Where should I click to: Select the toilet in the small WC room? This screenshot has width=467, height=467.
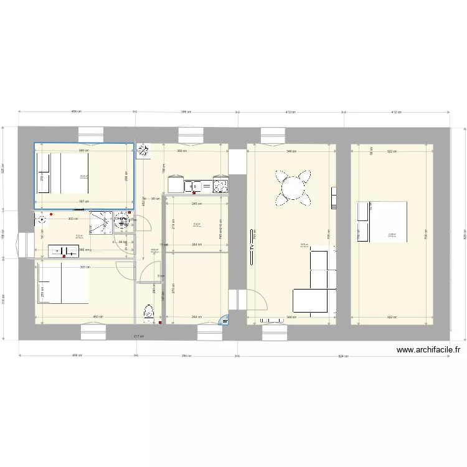click(x=148, y=311)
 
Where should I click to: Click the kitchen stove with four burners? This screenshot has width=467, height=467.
click(x=220, y=185)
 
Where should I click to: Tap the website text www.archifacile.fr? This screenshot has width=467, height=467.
click(x=428, y=351)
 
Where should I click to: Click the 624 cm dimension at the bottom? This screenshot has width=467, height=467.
click(x=343, y=356)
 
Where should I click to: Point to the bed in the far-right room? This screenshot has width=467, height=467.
click(x=381, y=221)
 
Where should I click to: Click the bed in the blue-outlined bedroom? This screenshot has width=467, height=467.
click(x=63, y=173)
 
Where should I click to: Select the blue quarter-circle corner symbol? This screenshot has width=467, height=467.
click(x=224, y=321)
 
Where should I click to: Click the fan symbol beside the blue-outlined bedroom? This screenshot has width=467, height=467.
click(x=143, y=149)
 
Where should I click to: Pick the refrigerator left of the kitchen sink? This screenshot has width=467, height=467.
click(x=175, y=184)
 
